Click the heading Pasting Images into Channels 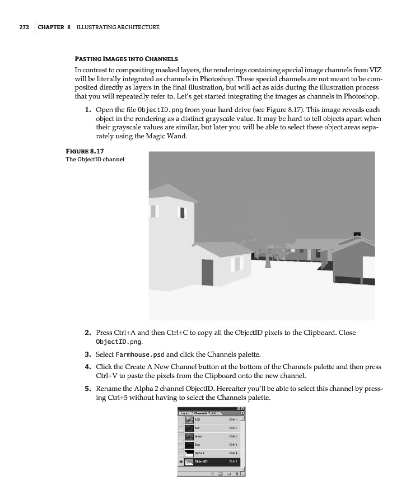[126, 58]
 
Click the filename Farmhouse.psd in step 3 [140, 354]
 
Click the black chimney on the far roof [357, 235]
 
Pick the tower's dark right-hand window [182, 213]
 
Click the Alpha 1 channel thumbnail [189, 451]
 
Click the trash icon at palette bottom [237, 473]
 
